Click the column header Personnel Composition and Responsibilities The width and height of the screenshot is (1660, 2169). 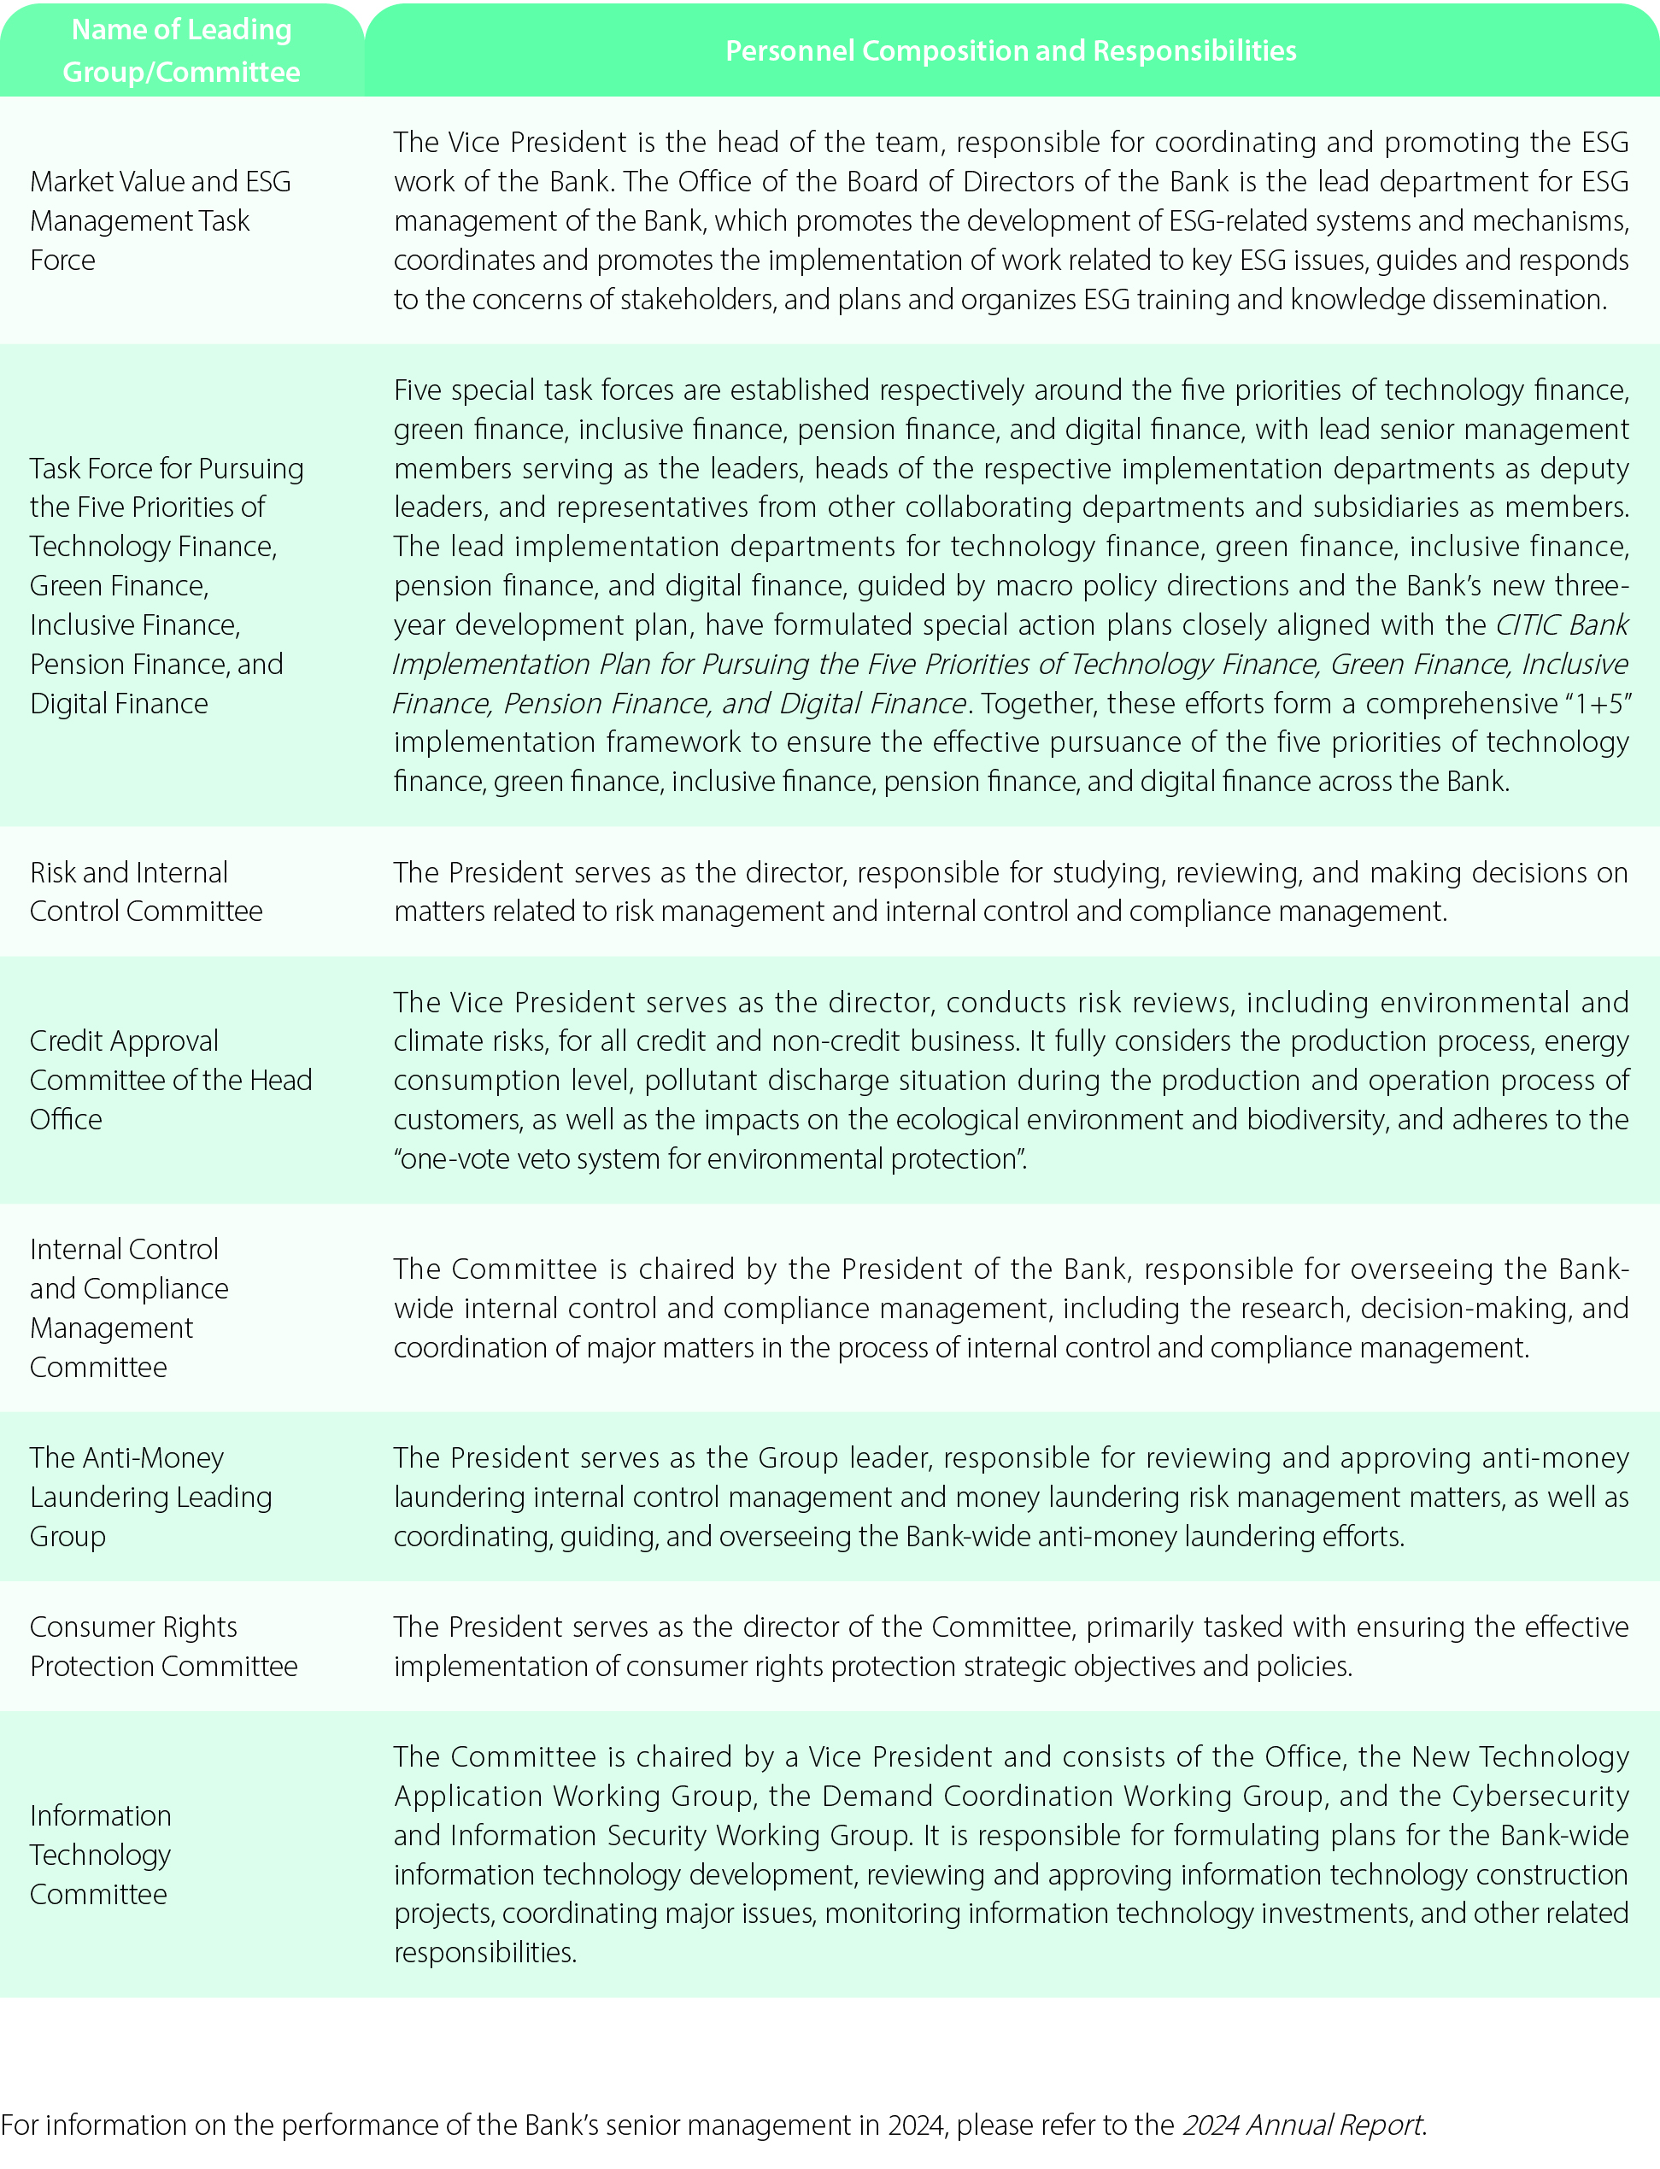pos(1010,51)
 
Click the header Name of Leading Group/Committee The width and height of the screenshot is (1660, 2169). pos(181,51)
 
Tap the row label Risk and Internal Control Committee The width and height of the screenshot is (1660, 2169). pos(145,891)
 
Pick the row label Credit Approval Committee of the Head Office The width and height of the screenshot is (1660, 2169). pos(170,1080)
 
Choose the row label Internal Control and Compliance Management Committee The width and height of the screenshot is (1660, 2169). pos(128,1308)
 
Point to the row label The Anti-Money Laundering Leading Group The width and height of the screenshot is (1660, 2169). pos(150,1497)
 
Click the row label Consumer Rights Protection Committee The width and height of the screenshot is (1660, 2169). pos(163,1646)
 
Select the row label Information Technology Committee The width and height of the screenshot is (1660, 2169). pos(100,1855)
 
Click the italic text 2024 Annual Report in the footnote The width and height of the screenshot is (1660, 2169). pos(1303,2125)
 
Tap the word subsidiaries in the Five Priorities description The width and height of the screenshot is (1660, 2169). pos(1358,507)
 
